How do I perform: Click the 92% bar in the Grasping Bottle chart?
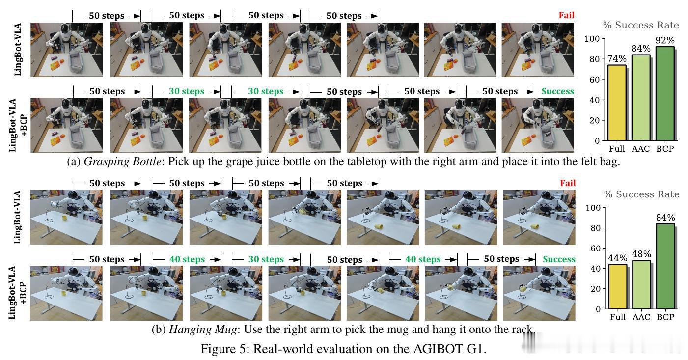(x=665, y=94)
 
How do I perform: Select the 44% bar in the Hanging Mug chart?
(x=618, y=286)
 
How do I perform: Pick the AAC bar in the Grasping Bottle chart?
(x=641, y=98)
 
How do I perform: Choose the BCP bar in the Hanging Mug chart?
(x=665, y=266)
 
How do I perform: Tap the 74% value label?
(x=617, y=58)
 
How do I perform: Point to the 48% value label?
(x=641, y=254)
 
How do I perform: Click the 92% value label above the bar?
(x=665, y=40)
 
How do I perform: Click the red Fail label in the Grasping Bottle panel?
(x=566, y=15)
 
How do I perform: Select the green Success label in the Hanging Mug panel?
(x=559, y=259)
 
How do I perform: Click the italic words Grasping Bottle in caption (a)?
(x=122, y=162)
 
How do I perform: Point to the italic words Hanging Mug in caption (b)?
(x=203, y=330)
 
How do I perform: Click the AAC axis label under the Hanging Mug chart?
(x=641, y=317)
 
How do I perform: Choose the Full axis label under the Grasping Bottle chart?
(x=617, y=149)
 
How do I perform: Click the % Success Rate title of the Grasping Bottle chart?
(x=641, y=25)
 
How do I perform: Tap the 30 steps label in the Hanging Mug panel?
(x=266, y=259)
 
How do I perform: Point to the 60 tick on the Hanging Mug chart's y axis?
(x=595, y=248)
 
